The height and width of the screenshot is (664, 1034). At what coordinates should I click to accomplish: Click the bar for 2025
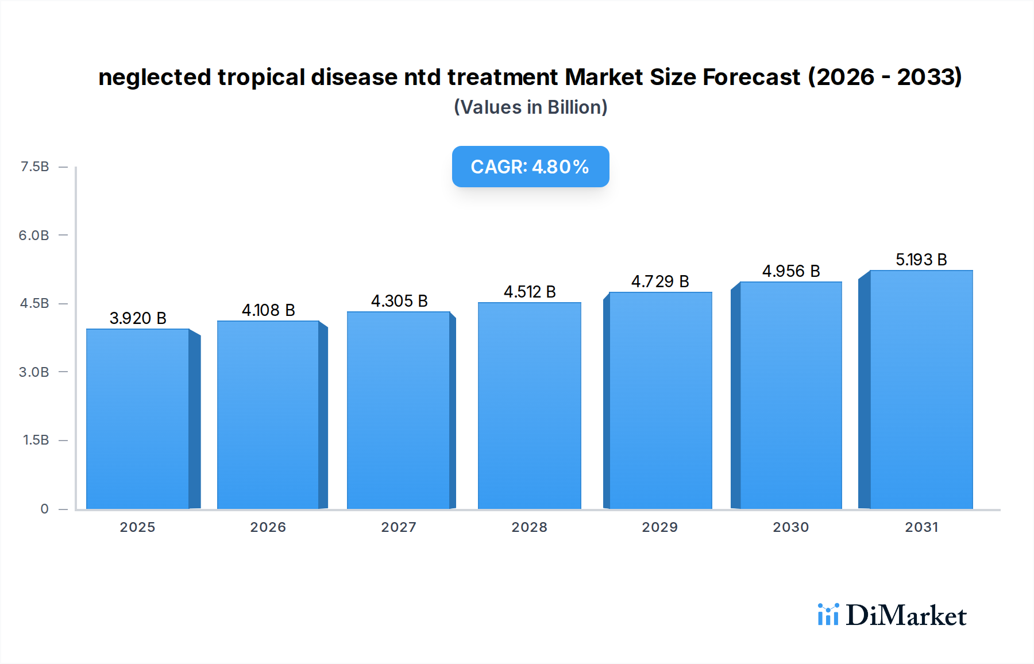pyautogui.click(x=138, y=419)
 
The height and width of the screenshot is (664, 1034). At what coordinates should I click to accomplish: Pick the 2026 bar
pyautogui.click(x=268, y=415)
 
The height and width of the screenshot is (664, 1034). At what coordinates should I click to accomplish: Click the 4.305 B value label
pyautogui.click(x=399, y=301)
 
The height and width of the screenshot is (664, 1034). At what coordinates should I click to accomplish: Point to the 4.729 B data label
pyautogui.click(x=660, y=281)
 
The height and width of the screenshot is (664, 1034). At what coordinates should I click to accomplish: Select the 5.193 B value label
pyautogui.click(x=921, y=260)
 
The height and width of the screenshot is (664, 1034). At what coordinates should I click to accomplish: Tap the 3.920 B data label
pyautogui.click(x=138, y=318)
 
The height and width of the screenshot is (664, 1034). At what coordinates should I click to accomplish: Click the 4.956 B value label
pyautogui.click(x=791, y=271)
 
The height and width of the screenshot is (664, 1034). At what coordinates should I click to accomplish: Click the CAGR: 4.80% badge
pyautogui.click(x=530, y=167)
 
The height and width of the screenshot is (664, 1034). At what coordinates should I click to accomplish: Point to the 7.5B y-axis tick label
pyautogui.click(x=34, y=167)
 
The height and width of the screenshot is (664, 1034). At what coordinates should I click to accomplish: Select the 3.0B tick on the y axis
pyautogui.click(x=34, y=372)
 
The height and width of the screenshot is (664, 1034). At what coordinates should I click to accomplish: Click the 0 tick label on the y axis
pyautogui.click(x=44, y=509)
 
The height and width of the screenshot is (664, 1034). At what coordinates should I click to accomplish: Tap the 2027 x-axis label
pyautogui.click(x=399, y=527)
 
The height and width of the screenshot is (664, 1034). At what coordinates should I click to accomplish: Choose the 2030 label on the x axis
pyautogui.click(x=790, y=527)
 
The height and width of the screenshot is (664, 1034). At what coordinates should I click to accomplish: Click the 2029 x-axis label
pyautogui.click(x=659, y=527)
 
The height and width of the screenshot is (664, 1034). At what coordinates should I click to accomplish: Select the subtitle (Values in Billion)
pyautogui.click(x=530, y=107)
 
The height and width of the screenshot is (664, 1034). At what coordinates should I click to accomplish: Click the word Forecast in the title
pyautogui.click(x=751, y=77)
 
